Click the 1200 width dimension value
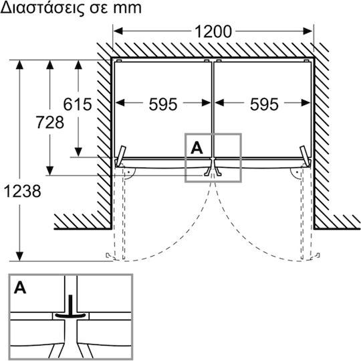tap(213, 31)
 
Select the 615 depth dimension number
tap(78, 104)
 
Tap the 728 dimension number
tap(49, 123)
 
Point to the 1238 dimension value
tap(22, 192)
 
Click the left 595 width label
tap(163, 104)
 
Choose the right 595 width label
tap(264, 104)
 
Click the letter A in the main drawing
tap(197, 148)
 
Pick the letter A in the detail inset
tap(20, 287)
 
